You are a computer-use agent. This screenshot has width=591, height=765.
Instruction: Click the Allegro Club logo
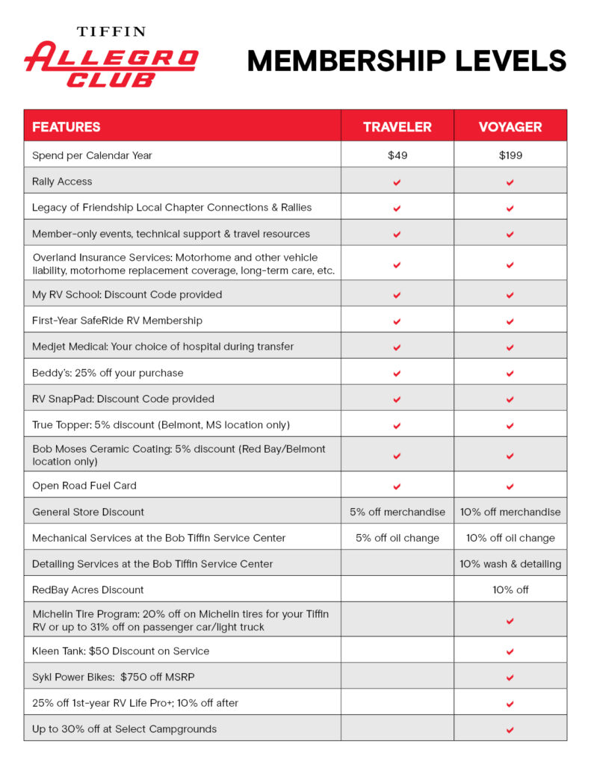[x=111, y=58]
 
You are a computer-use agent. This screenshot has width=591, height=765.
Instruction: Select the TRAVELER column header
[x=397, y=126]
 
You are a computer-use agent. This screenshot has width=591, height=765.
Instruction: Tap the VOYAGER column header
[x=510, y=126]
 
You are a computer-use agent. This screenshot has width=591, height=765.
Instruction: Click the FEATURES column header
[x=66, y=126]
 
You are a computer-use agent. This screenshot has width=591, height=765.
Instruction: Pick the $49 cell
[x=397, y=155]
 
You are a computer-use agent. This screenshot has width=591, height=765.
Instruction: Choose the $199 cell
[x=510, y=155]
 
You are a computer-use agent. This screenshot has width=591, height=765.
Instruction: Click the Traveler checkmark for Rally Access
[x=397, y=182]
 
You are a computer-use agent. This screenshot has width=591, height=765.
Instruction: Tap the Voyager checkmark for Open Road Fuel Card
[x=510, y=486]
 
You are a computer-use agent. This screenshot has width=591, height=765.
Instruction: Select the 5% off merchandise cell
[x=397, y=512]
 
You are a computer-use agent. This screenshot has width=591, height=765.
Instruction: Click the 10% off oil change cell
[x=510, y=538]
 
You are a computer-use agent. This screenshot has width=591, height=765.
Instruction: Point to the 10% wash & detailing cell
[x=510, y=564]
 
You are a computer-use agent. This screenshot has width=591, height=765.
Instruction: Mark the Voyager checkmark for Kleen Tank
[x=510, y=651]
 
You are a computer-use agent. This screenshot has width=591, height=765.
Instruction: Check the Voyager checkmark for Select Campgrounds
[x=510, y=729]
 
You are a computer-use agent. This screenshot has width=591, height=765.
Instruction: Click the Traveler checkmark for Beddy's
[x=397, y=373]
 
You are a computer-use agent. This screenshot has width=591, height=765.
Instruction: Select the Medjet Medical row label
[x=163, y=347]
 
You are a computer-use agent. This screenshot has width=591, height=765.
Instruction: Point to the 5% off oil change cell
[x=397, y=538]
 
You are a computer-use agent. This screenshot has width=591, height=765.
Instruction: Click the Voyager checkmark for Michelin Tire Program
[x=510, y=621]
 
